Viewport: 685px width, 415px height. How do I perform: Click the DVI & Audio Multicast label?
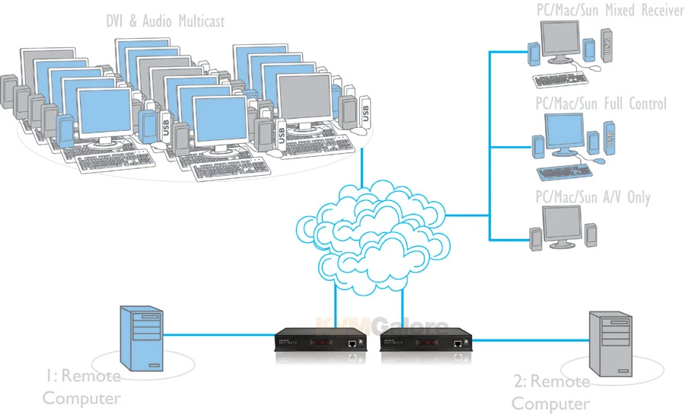[x=165, y=21]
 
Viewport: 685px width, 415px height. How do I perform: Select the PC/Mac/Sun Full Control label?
[x=601, y=103]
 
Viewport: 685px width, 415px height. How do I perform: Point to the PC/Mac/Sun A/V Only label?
[x=593, y=197]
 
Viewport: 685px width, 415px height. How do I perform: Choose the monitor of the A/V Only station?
[x=561, y=226]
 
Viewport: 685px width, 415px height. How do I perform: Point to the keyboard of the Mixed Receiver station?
[x=562, y=78]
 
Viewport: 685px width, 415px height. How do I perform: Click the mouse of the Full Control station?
[x=601, y=161]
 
